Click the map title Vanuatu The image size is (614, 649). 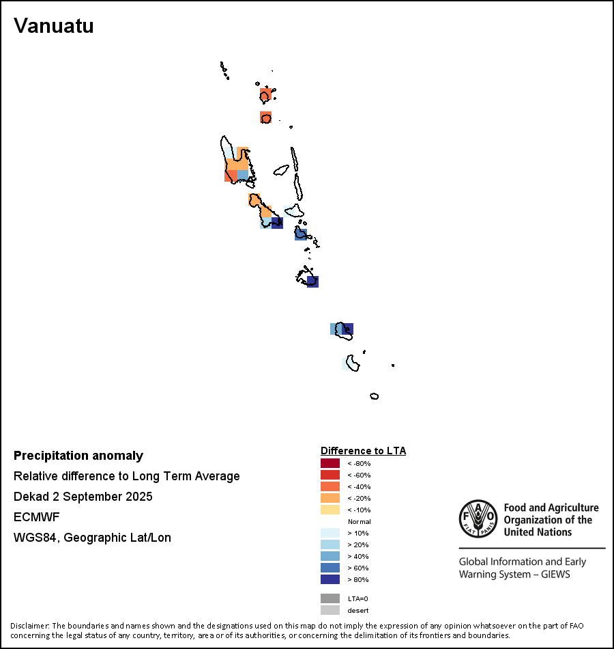coord(54,26)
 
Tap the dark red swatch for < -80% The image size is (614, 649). coord(330,464)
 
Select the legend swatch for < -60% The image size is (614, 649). coord(330,475)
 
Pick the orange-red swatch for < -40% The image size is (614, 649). coord(330,487)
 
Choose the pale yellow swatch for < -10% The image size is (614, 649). coord(330,510)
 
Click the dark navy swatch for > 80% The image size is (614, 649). coord(330,580)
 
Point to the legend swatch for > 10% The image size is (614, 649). coord(330,534)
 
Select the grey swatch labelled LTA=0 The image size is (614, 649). coord(330,598)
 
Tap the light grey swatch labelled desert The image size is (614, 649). coord(330,610)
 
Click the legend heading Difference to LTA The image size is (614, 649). coord(363,451)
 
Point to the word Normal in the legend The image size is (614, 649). coord(359,522)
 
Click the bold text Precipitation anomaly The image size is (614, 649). coord(78,456)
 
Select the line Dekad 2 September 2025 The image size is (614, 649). coord(83,497)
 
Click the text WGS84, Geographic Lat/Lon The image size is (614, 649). coord(92,538)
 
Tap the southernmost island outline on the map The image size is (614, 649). coord(374,396)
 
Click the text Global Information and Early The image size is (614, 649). coord(522,562)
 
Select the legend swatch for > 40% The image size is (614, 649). coord(330,557)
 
